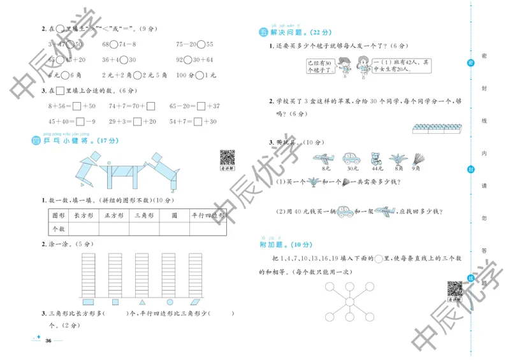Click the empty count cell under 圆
173,228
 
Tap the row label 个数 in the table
59,228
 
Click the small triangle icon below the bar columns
142,302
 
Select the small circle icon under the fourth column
170,302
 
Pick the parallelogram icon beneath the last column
197,302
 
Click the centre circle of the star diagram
349,301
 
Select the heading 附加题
277,243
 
